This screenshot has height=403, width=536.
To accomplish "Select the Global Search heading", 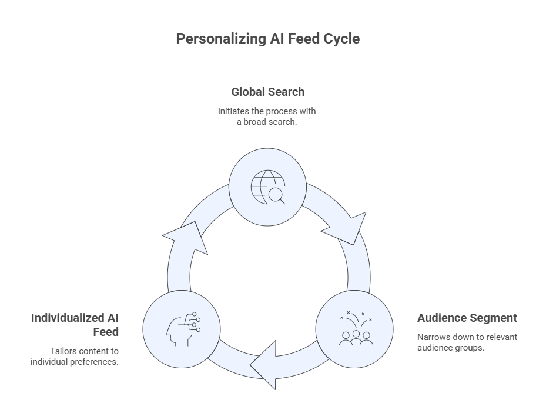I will pyautogui.click(x=267, y=92).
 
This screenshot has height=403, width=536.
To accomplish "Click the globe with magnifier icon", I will pyautogui.click(x=267, y=187).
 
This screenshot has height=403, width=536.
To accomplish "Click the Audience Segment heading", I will pyautogui.click(x=467, y=318).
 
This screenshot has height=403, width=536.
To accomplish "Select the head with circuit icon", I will pyautogui.click(x=182, y=329).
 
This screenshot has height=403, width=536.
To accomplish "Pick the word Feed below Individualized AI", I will pyautogui.click(x=106, y=332).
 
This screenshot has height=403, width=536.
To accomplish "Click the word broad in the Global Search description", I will pyautogui.click(x=257, y=122).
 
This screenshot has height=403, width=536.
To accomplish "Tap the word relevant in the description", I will pyautogui.click(x=501, y=337).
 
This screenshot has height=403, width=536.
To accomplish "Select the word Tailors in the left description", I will pyautogui.click(x=64, y=351).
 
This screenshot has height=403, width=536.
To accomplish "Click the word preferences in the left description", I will pyautogui.click(x=93, y=361).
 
